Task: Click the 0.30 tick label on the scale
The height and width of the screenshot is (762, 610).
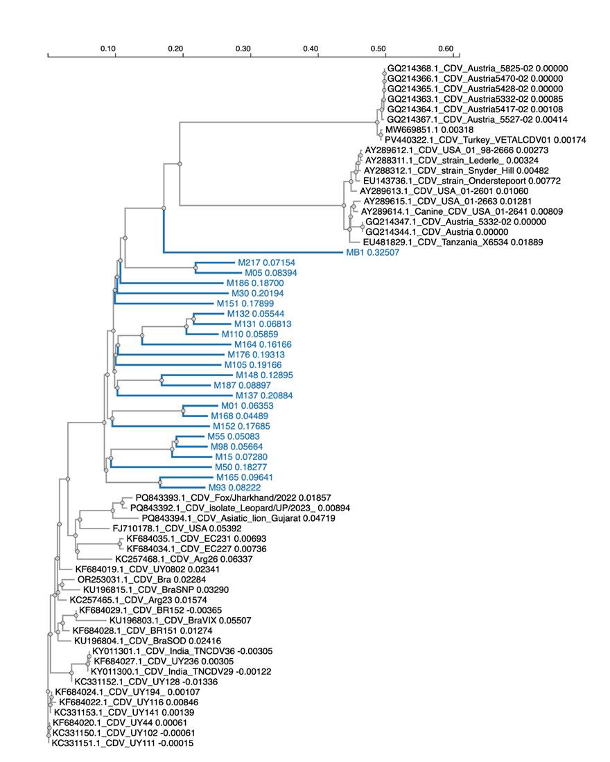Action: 243,48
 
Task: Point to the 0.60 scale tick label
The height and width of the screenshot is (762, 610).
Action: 446,48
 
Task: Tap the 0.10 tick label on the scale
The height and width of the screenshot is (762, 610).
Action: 107,48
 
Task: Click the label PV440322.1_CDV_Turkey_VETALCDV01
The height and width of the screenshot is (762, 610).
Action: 485,140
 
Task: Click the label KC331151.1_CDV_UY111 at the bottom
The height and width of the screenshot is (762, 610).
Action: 123,743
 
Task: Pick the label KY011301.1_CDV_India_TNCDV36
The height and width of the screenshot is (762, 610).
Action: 182,651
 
